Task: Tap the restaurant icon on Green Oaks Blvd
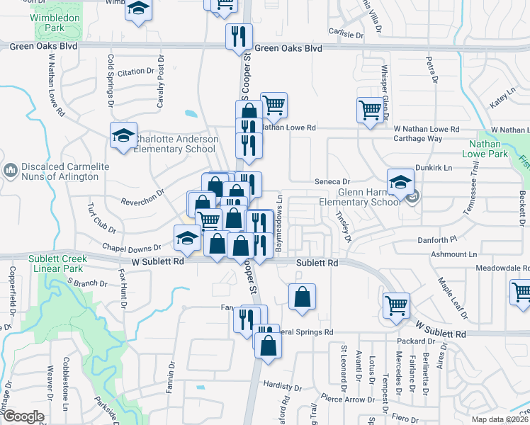pos(238,36)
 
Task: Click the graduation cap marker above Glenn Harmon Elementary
pos(400,181)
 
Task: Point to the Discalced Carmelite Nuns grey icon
pos(11,171)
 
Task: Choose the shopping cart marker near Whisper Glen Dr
pos(370,110)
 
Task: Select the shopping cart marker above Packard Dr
pos(396,305)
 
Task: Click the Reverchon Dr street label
pos(142,200)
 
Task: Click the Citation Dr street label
pos(135,72)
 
